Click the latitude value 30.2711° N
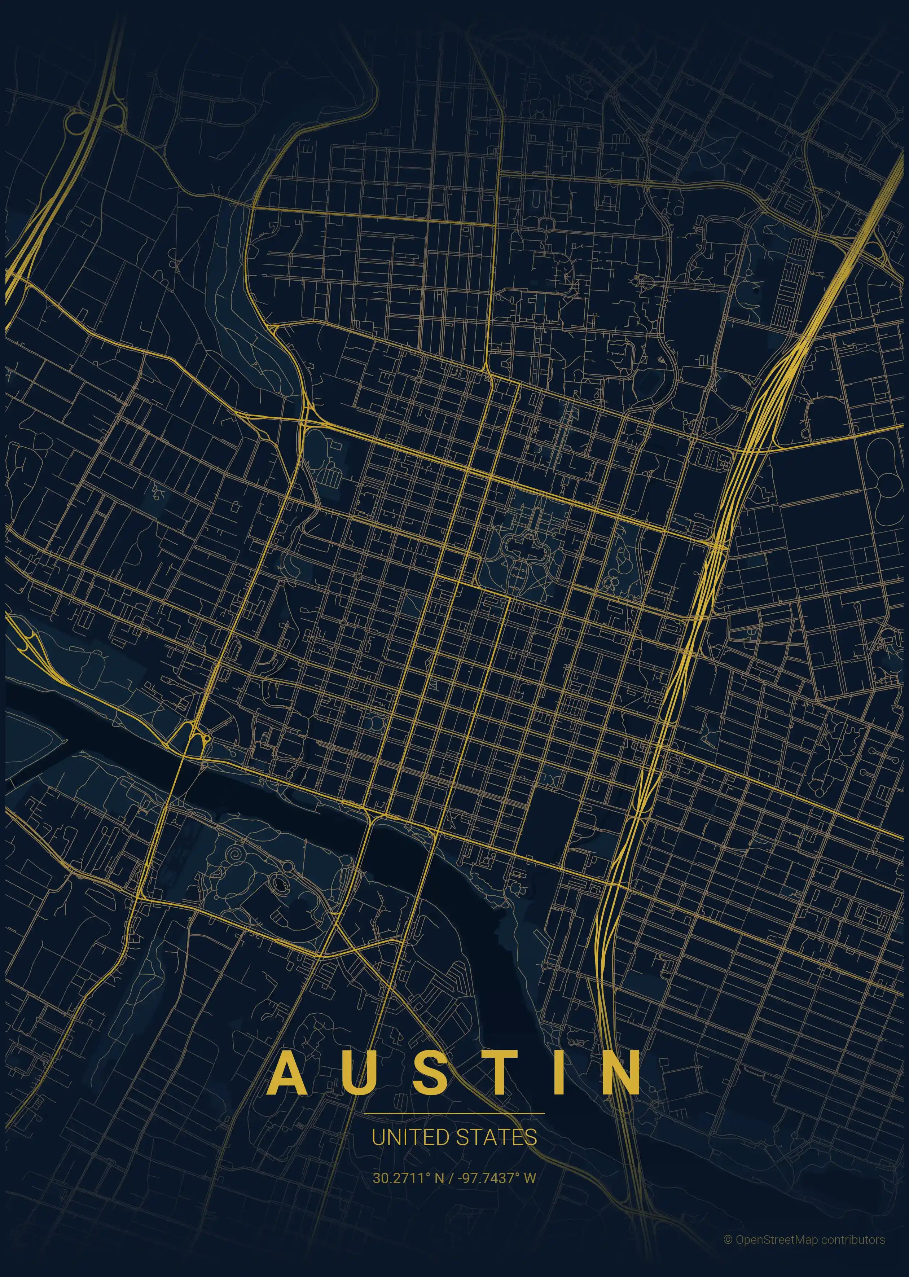pyautogui.click(x=408, y=1178)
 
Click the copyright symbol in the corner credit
pyautogui.click(x=728, y=1235)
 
